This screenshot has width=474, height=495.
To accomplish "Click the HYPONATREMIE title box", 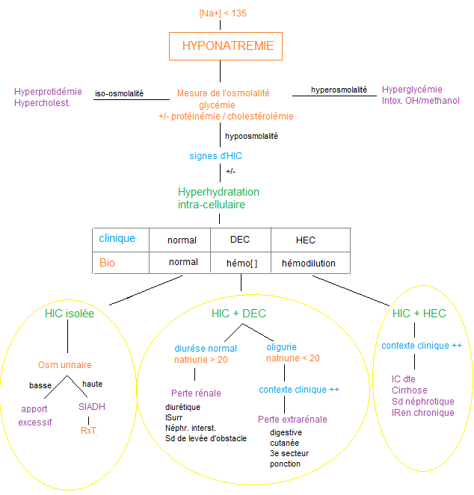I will coord(227,46).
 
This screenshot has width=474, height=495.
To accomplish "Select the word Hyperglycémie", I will coord(411,90).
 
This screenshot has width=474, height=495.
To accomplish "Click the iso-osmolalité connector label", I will coord(120,94).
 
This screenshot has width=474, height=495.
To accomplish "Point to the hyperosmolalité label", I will coord(339,90).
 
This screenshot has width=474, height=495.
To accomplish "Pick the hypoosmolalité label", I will coord(251,137).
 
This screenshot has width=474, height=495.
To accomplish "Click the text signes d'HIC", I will coord(215,156).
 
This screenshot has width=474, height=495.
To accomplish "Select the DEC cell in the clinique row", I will coord(240,240).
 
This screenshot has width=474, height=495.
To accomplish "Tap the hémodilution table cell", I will coord(308,263).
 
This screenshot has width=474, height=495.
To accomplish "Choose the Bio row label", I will coord(108,263).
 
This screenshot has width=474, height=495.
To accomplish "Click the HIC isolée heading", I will coord(70,314).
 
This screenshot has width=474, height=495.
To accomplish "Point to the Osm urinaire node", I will coord(64,365).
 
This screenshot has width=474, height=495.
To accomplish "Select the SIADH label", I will coord(93,408).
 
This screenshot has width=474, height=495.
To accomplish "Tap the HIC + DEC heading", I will coord(239,314).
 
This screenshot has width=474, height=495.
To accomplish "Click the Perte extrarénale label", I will coord(292,420).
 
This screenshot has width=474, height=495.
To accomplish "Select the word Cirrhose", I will coord(410,390).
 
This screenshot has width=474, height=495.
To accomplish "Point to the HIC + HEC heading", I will coord(419,314).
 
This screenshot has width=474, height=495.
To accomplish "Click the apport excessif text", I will coord(35,416).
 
